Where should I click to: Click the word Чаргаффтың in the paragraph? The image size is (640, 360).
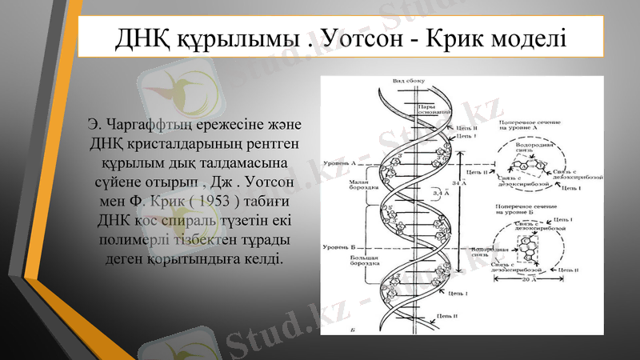coord(161,126)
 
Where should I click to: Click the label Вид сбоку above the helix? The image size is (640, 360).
coord(408,82)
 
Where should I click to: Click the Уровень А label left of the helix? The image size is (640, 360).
coord(338,162)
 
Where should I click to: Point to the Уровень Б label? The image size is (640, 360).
coord(338,247)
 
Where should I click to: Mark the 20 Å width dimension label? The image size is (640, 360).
coord(526,281)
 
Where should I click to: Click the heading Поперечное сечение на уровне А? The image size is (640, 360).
coord(524,124)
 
